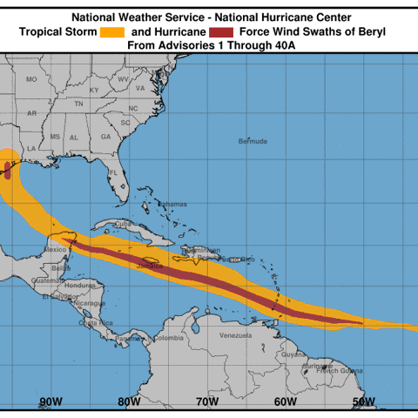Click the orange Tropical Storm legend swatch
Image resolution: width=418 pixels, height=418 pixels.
112,32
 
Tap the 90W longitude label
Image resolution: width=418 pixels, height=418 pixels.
51,401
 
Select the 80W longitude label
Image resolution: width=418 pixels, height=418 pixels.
129,401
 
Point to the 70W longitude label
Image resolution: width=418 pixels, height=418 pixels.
207,401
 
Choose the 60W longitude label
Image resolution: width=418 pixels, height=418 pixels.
286,401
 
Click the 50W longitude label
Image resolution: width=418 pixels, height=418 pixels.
364,401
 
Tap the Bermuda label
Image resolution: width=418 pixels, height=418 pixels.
252,140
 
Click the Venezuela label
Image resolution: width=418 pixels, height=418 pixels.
235,335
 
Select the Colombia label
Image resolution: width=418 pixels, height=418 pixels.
169,338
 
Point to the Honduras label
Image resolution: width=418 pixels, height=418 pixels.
80,285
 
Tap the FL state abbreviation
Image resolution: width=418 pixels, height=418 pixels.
113,172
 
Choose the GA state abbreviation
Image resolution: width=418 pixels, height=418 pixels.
104,137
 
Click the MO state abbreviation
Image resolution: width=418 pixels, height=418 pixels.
31,79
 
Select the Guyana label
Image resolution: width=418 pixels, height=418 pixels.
293,354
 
